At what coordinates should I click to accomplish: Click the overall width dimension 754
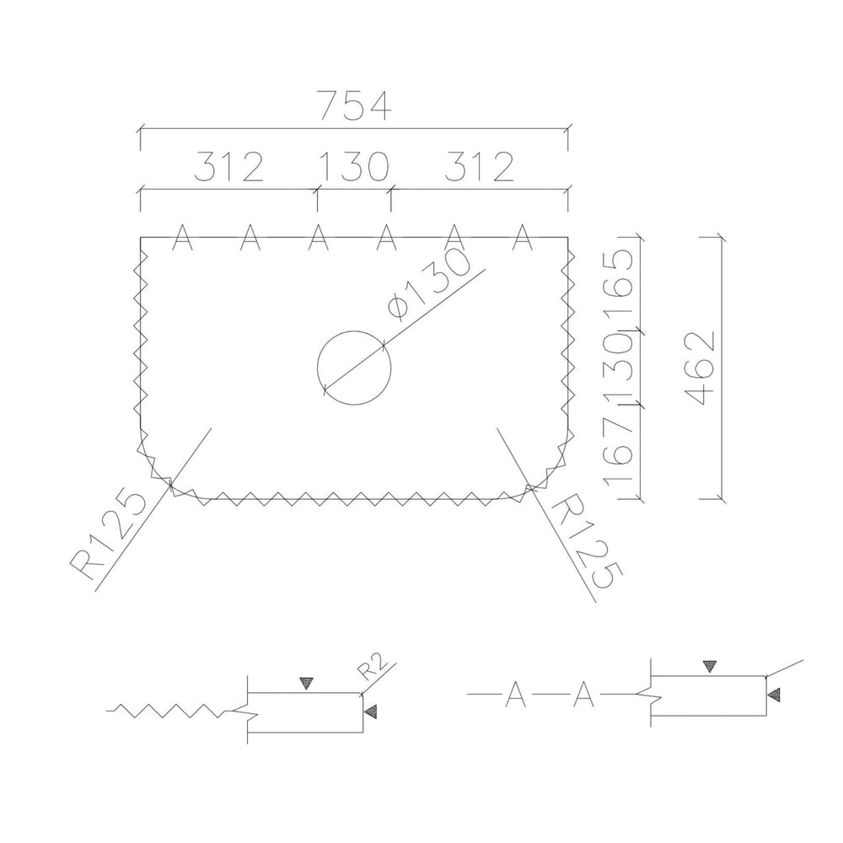tap(354, 106)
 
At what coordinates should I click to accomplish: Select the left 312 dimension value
tap(229, 166)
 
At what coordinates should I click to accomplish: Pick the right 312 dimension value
tap(480, 166)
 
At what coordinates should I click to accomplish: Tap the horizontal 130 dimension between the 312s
tap(354, 166)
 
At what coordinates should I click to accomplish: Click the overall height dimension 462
tap(701, 368)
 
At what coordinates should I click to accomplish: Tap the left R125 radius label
tap(108, 534)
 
